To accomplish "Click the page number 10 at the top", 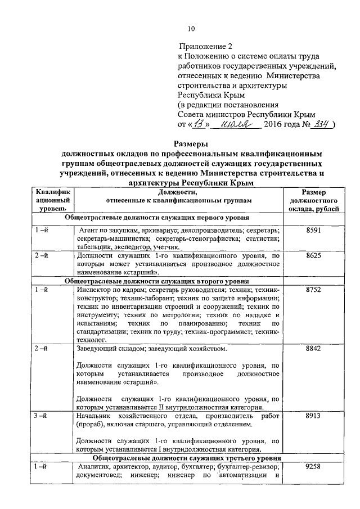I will pos(191,29).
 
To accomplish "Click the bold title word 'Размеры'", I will pos(190,144).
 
